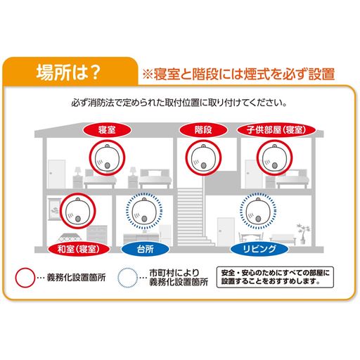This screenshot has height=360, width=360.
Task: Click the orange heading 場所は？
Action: click(x=70, y=72)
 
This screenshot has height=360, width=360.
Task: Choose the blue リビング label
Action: click(x=257, y=249)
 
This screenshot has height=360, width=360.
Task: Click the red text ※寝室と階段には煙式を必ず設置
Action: click(x=238, y=73)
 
